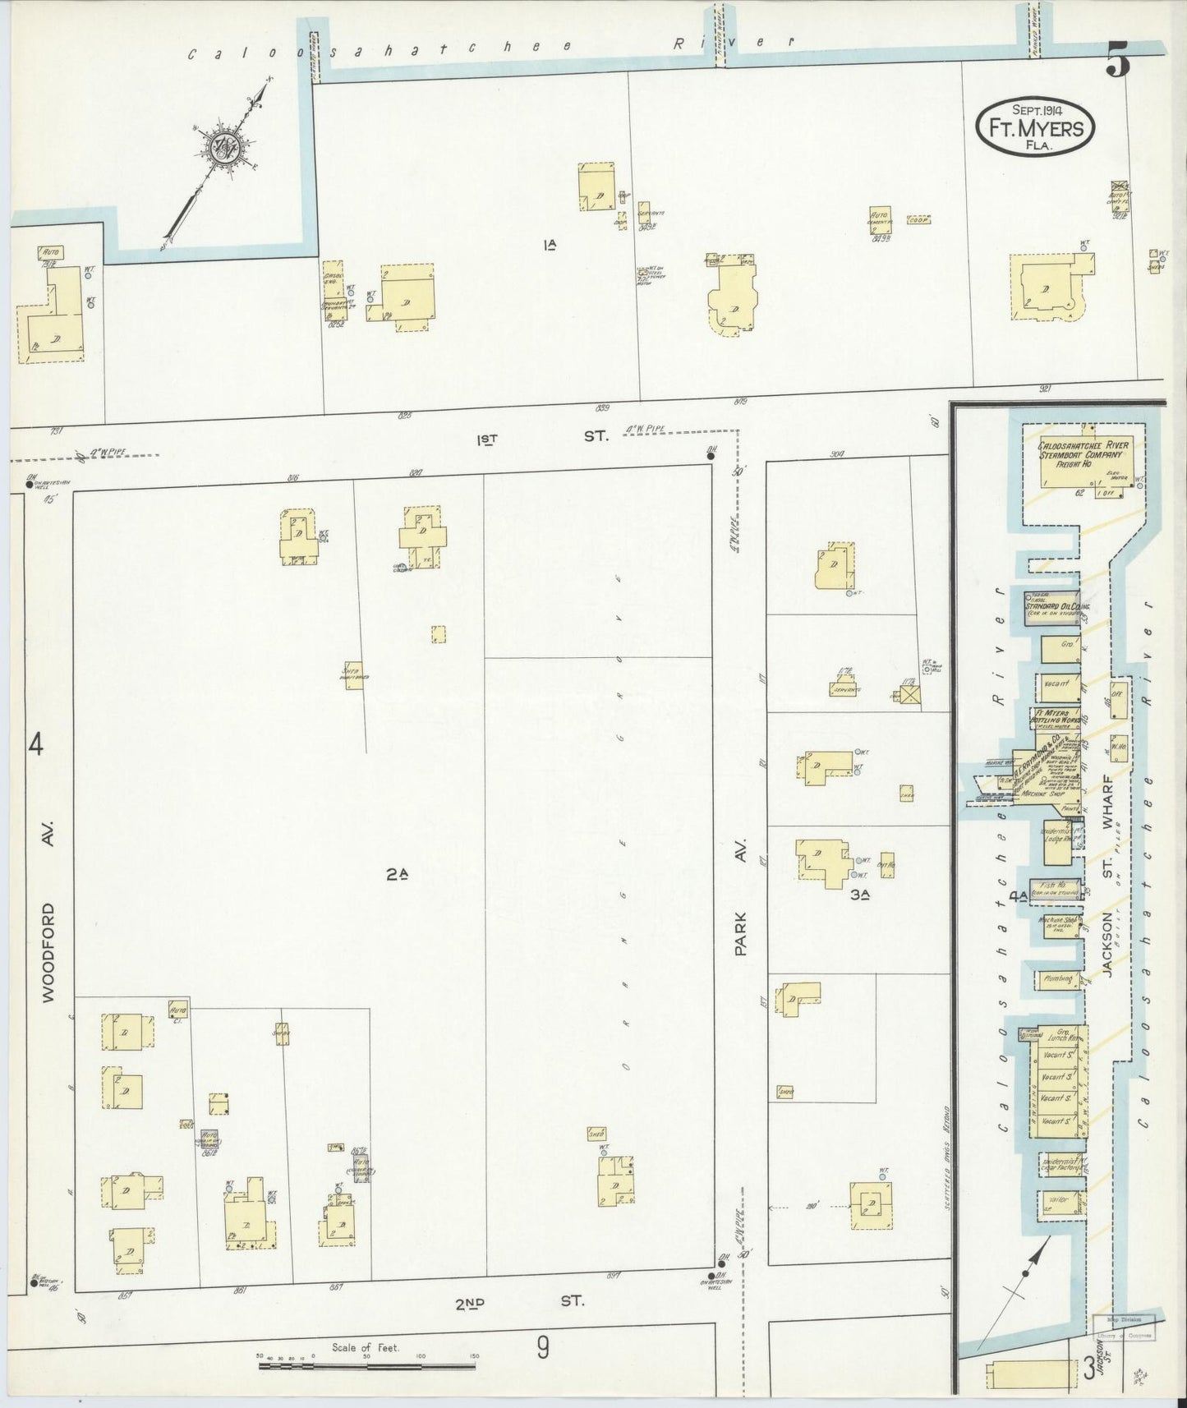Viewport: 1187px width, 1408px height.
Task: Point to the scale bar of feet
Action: [x=366, y=1366]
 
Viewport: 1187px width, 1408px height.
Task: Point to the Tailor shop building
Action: [x=1058, y=1202]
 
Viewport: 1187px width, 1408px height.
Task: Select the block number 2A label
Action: [x=396, y=877]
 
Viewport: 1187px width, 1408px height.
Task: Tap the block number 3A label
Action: [x=859, y=895]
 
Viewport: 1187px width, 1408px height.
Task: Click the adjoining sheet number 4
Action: [x=35, y=746]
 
